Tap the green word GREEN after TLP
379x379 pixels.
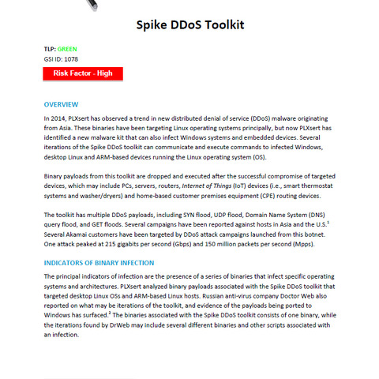67,48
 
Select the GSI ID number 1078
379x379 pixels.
71,58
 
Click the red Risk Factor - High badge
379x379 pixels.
83,73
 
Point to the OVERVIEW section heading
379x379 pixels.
61,104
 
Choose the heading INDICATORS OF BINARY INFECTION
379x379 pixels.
99,262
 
